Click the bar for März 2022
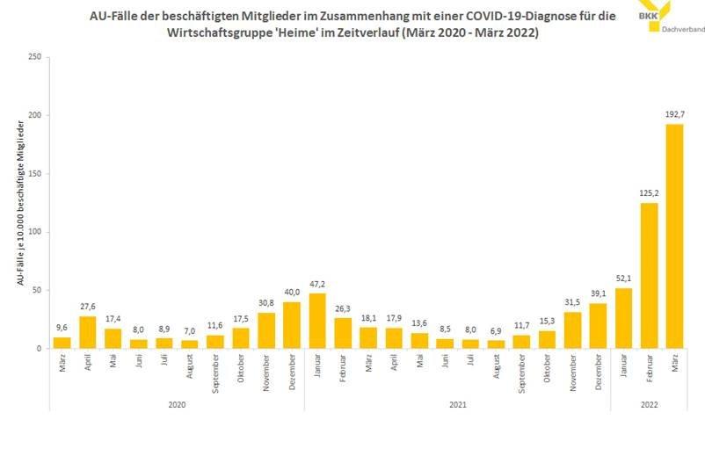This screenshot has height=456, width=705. [x=674, y=236]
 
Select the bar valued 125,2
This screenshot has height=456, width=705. [x=649, y=276]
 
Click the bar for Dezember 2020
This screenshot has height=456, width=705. [x=292, y=325]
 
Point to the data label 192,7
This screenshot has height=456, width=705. [x=674, y=115]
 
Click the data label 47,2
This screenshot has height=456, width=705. [x=317, y=285]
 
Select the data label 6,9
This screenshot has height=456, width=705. [x=496, y=331]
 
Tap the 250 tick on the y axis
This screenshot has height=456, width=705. [x=35, y=57]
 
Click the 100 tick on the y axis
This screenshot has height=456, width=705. [x=35, y=232]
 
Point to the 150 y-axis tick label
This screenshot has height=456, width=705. [x=35, y=174]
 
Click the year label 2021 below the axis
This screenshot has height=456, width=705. [x=457, y=404]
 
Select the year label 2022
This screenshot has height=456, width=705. [x=649, y=404]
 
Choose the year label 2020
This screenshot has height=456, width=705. [x=177, y=404]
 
